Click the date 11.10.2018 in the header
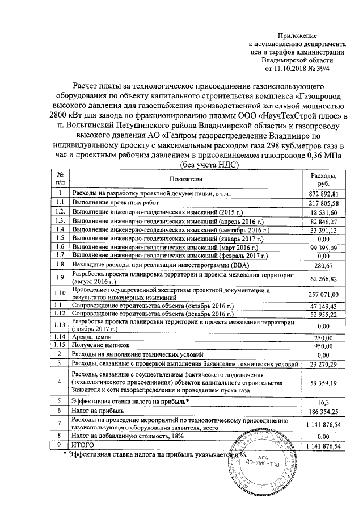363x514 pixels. click(x=296, y=68)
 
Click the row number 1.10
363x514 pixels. click(x=60, y=293)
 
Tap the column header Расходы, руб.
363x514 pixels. click(x=326, y=179)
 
